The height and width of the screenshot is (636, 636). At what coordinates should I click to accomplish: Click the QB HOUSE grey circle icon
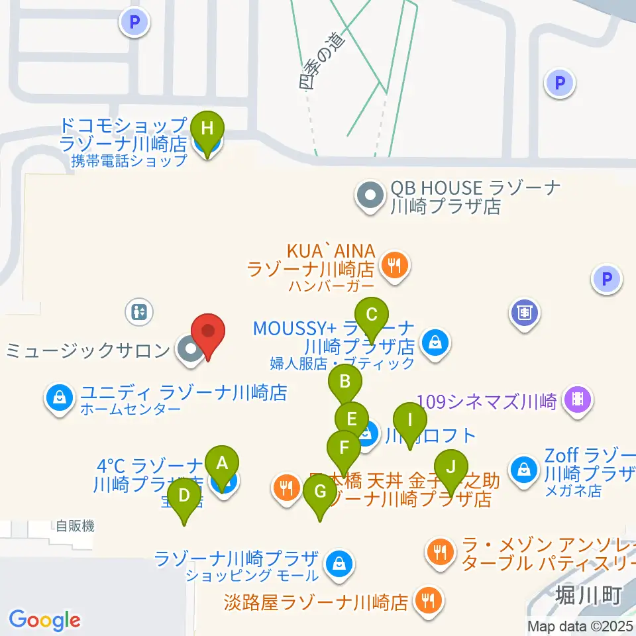pos(370,196)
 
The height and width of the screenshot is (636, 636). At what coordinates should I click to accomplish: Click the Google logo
pos(44,620)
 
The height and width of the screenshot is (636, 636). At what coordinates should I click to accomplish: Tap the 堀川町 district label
pos(588,595)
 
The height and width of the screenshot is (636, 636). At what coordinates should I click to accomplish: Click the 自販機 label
pos(75,527)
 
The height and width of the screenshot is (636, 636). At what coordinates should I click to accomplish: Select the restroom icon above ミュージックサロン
pos(139,312)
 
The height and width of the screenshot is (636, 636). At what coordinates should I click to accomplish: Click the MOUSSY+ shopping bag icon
pos(435,344)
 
